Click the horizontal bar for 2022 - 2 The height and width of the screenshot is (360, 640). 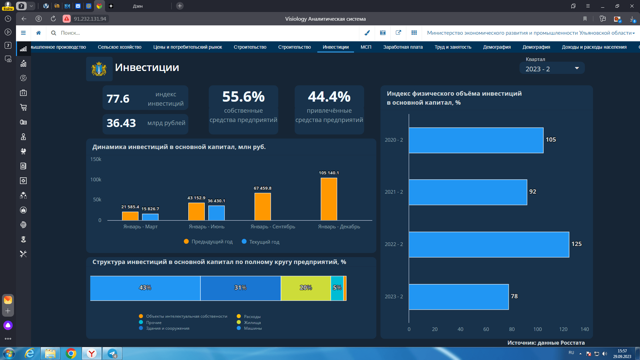489,244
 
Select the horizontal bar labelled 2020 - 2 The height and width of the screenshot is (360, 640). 476,140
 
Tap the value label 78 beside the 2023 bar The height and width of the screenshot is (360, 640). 514,296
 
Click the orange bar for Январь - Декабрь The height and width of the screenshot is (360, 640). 329,199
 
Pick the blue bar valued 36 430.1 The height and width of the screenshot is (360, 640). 217,213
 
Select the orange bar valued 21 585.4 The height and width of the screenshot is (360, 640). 130,216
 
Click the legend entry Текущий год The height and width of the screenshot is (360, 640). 261,242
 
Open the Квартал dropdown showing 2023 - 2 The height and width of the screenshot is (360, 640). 552,69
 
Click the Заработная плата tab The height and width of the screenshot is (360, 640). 403,47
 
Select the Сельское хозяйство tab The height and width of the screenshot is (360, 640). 120,47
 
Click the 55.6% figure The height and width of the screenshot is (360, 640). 244,97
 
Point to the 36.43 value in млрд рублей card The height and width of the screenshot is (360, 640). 121,123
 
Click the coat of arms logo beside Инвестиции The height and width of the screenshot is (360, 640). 99,69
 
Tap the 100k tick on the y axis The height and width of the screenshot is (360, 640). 96,180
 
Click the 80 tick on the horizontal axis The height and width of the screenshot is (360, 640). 512,329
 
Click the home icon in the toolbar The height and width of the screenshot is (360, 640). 39,33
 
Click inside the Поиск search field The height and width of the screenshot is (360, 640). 207,33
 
